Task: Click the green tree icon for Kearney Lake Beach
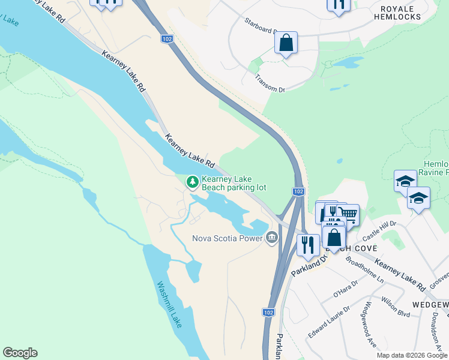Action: coord(192,181)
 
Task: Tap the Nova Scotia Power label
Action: coord(227,238)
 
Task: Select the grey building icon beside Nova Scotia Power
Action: coord(272,238)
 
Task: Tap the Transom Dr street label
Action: coord(270,83)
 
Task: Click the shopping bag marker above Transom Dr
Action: coord(286,43)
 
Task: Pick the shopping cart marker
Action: coord(349,214)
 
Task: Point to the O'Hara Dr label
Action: coord(345,289)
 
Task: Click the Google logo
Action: coord(20,353)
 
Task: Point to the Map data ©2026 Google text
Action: coord(412,355)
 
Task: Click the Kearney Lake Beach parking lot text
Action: coord(234,183)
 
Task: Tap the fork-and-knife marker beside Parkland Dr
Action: coord(307,244)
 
